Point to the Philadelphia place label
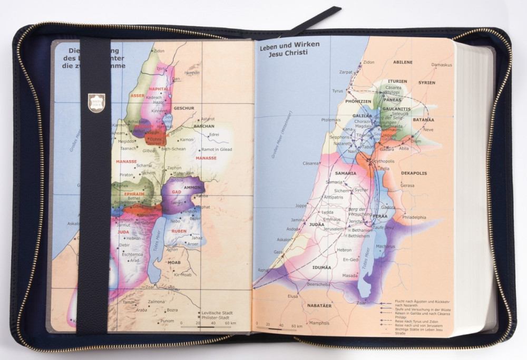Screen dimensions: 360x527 click(x=414, y=217)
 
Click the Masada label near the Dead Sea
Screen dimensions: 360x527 click(x=349, y=275)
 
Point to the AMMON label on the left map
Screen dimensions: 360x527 click(x=192, y=187)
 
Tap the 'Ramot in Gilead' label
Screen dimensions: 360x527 click(x=217, y=150)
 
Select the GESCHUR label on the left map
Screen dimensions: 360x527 click(x=184, y=108)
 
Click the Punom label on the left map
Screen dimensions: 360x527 click(x=167, y=320)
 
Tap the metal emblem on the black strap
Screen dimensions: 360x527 click(x=96, y=102)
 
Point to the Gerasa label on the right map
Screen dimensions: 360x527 click(x=407, y=186)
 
